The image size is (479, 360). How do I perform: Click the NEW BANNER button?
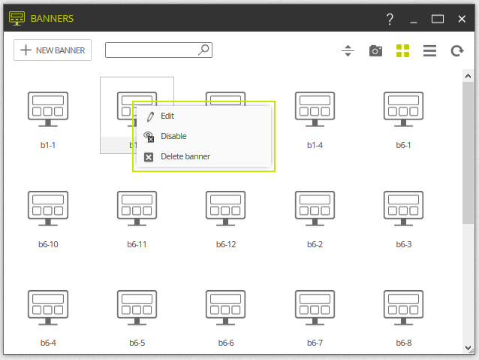pos(53,50)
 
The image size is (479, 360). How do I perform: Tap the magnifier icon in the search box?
pos(203,50)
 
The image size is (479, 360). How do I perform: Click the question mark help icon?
pos(390,19)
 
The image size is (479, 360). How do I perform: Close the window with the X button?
pos(462,19)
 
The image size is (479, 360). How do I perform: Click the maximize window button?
pos(438,19)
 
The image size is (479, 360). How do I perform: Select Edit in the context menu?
pos(167,116)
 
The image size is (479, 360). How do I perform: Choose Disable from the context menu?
pos(173,136)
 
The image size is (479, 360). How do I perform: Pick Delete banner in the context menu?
pos(185,156)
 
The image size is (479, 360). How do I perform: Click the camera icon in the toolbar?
pos(375,51)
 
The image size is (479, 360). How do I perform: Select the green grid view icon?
pos(402,51)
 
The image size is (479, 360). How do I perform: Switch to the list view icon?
pos(429,51)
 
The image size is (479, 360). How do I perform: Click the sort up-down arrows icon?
pos(348,51)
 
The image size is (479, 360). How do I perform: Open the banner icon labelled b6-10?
pos(48,208)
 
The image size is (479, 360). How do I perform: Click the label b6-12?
pos(226,244)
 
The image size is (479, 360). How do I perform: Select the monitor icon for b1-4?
pos(315,109)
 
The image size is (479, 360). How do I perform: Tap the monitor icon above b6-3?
pos(403,208)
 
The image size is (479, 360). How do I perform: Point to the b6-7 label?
pos(315,343)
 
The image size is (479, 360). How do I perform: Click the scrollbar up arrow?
pos(468,76)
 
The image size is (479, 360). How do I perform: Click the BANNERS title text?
pos(52,19)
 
